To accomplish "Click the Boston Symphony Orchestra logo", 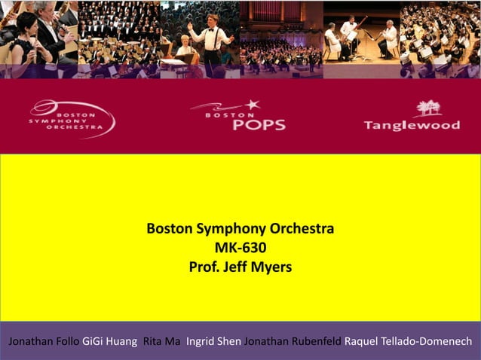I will (72, 119).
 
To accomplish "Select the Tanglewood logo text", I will (412, 125).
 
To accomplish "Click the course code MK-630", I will (240, 247).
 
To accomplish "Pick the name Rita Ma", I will (161, 340).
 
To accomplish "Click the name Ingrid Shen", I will (213, 340).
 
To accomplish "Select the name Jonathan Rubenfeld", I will (293, 340).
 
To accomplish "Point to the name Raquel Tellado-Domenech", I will (408, 340).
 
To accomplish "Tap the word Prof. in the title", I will (203, 266).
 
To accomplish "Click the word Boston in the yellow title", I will (170, 229).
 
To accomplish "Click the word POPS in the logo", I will (259, 124).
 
